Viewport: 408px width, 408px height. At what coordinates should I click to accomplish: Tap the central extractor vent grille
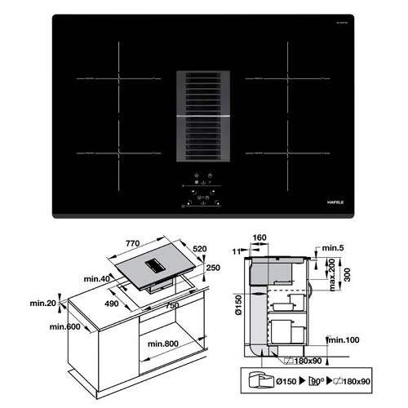[204, 115]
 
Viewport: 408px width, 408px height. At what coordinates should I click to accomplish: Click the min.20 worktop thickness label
[42, 304]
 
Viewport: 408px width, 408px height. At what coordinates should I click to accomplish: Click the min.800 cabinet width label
[164, 344]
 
